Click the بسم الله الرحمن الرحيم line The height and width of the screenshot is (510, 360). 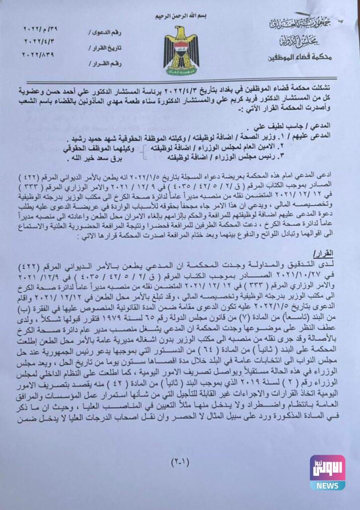181,15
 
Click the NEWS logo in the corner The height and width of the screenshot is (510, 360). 327,472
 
